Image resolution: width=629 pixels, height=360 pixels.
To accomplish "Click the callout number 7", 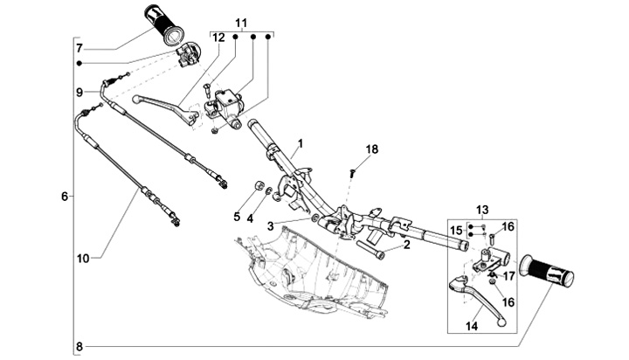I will click(x=79, y=48).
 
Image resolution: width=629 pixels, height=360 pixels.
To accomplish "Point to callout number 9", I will click(x=79, y=92).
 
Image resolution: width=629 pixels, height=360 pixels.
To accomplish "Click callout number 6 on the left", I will click(x=65, y=197).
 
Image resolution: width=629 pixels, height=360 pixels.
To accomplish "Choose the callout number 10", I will click(x=83, y=258).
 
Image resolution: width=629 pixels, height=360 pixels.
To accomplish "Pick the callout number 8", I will click(x=79, y=347).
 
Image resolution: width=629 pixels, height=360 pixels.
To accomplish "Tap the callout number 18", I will click(x=372, y=150).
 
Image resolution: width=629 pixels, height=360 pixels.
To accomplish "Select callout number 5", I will click(x=236, y=216).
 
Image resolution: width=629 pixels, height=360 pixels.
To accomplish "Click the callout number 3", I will click(x=271, y=225).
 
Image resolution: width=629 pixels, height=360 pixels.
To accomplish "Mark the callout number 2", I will click(x=406, y=246).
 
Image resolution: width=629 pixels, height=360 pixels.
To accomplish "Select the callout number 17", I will click(x=508, y=276).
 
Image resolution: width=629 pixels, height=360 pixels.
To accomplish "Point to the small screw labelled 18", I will click(x=351, y=172).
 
